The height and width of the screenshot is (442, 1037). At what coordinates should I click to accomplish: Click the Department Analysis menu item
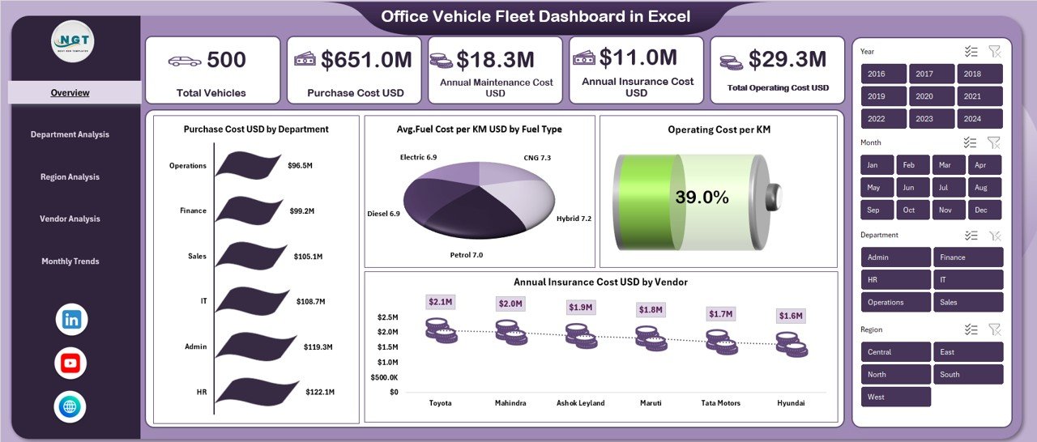coord(70,134)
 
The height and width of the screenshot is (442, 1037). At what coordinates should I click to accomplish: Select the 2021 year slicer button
coord(979,96)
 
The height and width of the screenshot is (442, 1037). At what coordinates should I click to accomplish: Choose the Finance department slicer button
coord(968,257)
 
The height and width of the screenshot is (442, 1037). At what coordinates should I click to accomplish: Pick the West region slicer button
coord(896,397)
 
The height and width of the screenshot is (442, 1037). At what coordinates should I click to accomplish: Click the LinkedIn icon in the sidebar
coord(71,320)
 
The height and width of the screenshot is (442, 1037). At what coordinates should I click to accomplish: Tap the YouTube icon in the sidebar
coord(70,363)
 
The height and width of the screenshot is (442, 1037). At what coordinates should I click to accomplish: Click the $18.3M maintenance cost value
coord(494,59)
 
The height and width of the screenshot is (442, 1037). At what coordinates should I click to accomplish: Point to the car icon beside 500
coord(184,61)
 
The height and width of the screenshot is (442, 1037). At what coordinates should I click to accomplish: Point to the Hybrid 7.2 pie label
coord(574,219)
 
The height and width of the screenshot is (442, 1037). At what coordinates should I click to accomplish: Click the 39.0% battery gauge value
coord(702,198)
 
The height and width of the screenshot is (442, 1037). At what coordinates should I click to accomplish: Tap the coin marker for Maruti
coord(651,338)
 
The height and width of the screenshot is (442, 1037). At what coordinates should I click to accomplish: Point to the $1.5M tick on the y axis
coord(386,346)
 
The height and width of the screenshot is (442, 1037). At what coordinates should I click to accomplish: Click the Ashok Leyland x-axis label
coord(580,402)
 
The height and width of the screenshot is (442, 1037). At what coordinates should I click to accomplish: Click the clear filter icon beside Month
coord(994,142)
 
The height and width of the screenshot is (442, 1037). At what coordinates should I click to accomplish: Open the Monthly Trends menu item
coord(70,261)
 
